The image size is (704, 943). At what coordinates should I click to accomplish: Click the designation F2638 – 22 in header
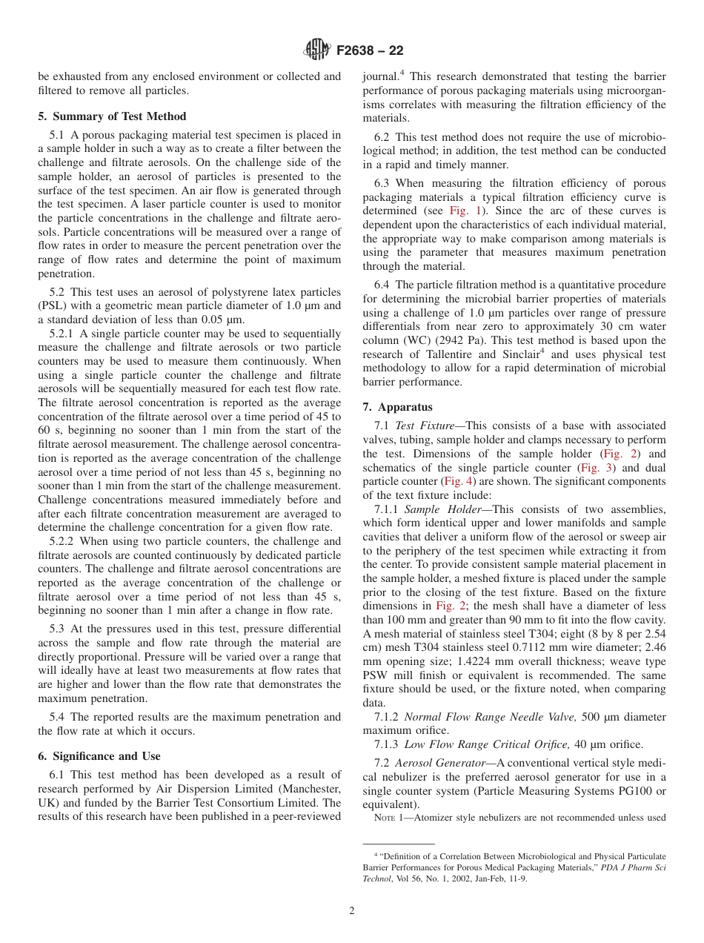point(370,51)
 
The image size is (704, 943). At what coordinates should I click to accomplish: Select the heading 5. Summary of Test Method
point(112,116)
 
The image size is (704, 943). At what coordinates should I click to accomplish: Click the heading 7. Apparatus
point(398,407)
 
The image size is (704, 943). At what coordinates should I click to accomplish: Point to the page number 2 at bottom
point(352,910)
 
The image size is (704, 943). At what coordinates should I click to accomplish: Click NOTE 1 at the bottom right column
point(390,818)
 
